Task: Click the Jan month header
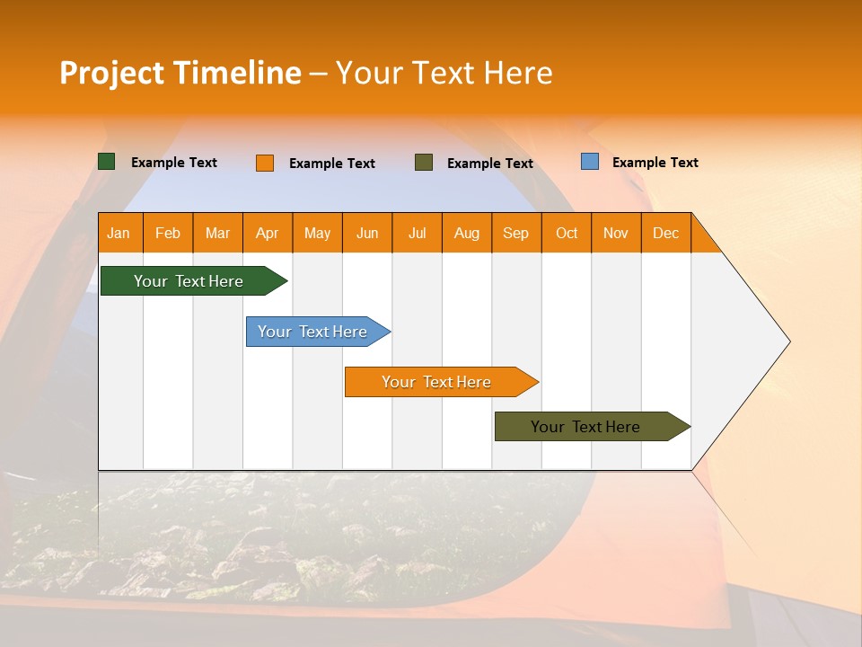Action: tap(119, 233)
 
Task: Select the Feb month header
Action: tap(168, 233)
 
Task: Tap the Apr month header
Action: tap(267, 233)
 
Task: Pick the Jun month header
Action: tap(367, 233)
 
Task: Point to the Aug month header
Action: tap(467, 233)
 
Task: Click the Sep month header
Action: tap(515, 233)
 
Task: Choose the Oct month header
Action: tap(567, 233)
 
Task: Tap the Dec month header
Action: tap(665, 233)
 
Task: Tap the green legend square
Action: tap(107, 162)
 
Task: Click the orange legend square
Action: tap(265, 163)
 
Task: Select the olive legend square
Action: tap(424, 163)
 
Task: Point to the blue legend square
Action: tap(590, 162)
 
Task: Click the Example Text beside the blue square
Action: tap(655, 163)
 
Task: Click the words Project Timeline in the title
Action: tap(180, 73)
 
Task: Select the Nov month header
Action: tap(615, 233)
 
